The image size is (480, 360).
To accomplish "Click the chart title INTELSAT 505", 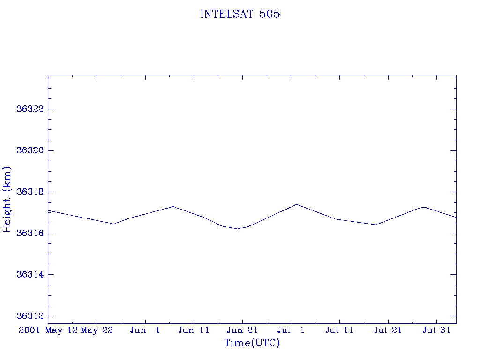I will [x=240, y=15].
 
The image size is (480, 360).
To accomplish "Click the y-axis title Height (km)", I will [x=7, y=199].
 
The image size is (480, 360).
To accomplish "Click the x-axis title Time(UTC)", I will [x=252, y=343].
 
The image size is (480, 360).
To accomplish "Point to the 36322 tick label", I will [x=30, y=109].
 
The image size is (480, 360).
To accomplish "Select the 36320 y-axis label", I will [x=30, y=150].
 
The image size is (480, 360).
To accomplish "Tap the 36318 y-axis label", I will [x=30, y=192].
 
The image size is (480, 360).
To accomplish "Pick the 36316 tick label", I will [x=30, y=233].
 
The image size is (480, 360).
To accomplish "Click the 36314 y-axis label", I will [x=30, y=274].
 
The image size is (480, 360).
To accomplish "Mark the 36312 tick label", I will [x=30, y=316].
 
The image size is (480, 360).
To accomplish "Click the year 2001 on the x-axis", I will [x=30, y=330].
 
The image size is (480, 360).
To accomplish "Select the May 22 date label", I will [x=97, y=330].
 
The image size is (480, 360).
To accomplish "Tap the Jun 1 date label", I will [x=145, y=330].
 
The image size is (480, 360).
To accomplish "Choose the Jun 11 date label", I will [x=194, y=330].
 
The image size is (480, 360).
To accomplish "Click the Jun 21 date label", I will [x=242, y=330].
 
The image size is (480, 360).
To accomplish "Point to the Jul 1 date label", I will [x=291, y=330].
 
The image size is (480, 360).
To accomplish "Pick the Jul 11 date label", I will [x=339, y=330].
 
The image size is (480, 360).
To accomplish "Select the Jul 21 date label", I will [x=388, y=330].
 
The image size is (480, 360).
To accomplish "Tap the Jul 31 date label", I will [x=436, y=330].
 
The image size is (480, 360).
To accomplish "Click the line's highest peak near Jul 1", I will [x=296, y=204].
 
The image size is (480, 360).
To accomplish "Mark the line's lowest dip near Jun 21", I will [x=238, y=229].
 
